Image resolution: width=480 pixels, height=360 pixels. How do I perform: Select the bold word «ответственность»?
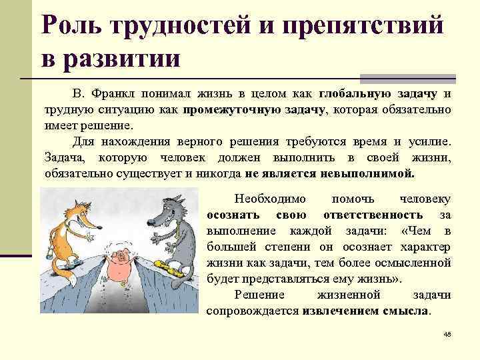pyautogui.click(x=373, y=215)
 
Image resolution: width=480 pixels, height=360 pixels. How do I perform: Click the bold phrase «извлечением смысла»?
pyautogui.click(x=366, y=311)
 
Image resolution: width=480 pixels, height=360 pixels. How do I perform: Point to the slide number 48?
pyautogui.click(x=447, y=335)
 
